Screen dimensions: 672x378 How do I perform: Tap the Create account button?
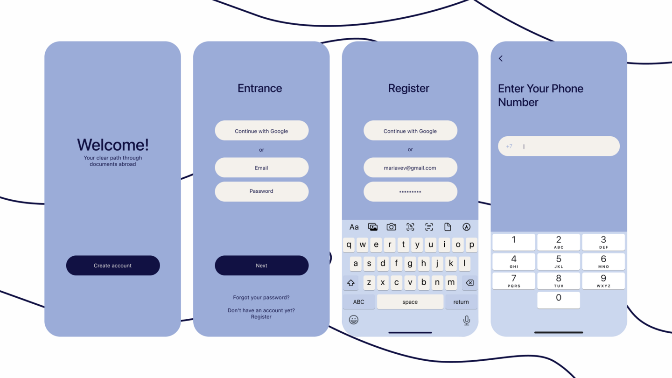tap(113, 266)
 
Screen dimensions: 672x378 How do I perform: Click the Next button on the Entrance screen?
tap(262, 266)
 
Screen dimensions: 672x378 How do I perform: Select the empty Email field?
tap(262, 168)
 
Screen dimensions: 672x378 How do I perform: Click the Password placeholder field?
tap(262, 191)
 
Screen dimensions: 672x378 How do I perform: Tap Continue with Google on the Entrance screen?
tap(262, 131)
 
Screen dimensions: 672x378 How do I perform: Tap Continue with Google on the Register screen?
tap(410, 131)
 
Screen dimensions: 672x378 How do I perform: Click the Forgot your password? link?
tap(261, 298)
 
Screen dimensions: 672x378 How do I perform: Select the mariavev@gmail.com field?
tap(410, 168)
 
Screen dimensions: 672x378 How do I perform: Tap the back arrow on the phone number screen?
tap(501, 58)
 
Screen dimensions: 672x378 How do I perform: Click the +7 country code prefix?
tap(509, 147)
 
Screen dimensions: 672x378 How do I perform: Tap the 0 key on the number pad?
tap(559, 300)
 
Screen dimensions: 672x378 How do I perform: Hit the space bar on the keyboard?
tap(410, 302)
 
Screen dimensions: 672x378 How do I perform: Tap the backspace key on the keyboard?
tap(470, 283)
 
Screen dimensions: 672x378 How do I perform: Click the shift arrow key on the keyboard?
tap(351, 283)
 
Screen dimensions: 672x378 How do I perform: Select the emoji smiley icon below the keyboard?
tap(354, 320)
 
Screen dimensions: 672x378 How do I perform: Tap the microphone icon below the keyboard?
tap(467, 321)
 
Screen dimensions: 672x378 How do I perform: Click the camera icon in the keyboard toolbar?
tap(391, 227)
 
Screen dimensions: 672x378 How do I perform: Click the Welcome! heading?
tap(113, 145)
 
